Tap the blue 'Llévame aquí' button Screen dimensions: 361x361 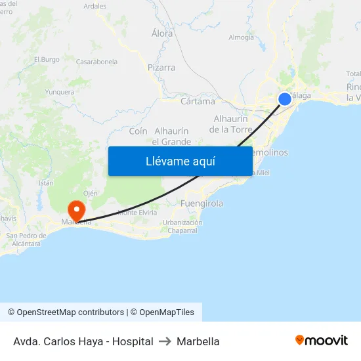180,161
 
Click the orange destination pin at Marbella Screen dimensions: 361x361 77,211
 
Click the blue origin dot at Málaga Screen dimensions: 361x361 285,99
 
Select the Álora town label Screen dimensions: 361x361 162,33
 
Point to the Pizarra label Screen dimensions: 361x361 161,68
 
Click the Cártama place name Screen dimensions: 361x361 198,102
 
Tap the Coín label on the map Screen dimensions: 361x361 138,131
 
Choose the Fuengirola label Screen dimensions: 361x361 202,203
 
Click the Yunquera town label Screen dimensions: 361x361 60,93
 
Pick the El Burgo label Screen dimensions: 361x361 47,59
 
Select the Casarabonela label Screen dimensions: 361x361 97,62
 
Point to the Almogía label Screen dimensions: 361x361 241,37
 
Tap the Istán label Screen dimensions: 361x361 46,183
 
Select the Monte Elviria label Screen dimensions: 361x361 137,213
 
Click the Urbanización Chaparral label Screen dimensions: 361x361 183,226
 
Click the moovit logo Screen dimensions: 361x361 322,341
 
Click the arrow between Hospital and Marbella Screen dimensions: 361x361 165,341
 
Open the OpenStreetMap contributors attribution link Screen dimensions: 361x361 70,312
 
